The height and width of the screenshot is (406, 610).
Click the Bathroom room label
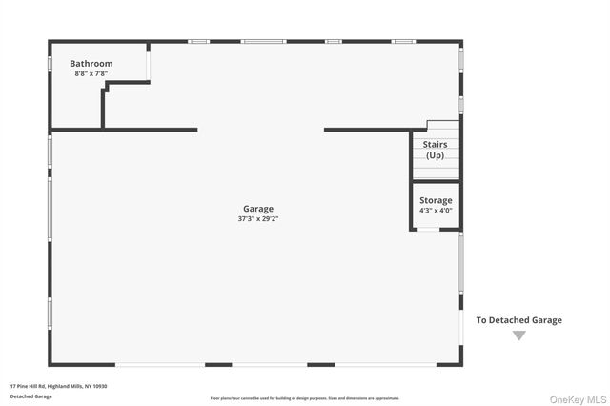pyautogui.click(x=91, y=64)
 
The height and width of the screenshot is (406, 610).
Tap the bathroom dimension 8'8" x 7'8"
pyautogui.click(x=91, y=73)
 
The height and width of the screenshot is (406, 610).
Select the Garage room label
pyautogui.click(x=257, y=209)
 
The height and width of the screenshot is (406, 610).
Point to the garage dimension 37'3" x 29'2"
pyautogui.click(x=257, y=218)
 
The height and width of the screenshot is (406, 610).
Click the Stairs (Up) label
pyautogui.click(x=436, y=150)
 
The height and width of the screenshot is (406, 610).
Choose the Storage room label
pyautogui.click(x=436, y=201)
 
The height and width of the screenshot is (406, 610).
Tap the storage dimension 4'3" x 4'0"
pyautogui.click(x=436, y=211)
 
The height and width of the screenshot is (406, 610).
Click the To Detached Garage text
pyautogui.click(x=519, y=320)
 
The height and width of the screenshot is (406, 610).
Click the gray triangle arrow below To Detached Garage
pyautogui.click(x=518, y=335)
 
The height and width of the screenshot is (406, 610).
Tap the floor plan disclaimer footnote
pyautogui.click(x=305, y=397)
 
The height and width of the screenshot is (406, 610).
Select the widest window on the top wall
pyautogui.click(x=262, y=41)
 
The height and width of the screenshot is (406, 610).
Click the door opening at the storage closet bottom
pyautogui.click(x=429, y=229)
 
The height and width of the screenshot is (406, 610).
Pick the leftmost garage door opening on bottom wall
pyautogui.click(x=159, y=364)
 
